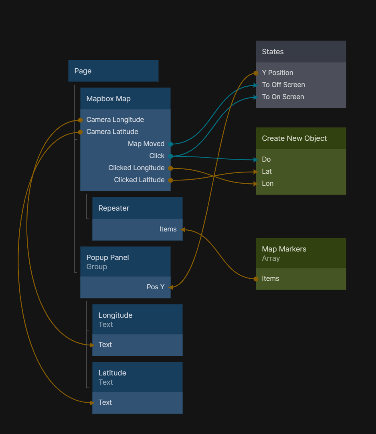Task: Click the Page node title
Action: coord(83,71)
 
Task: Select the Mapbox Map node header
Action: coord(109,99)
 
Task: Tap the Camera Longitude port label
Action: coord(115,120)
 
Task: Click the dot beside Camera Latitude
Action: coord(80,132)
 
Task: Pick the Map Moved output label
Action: coord(146,144)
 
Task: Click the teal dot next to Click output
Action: coord(171,156)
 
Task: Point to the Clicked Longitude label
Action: coord(136,168)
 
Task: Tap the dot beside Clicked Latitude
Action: coord(171,180)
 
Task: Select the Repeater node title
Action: coord(114,208)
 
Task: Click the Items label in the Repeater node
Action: coord(168,229)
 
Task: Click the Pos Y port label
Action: coord(156,287)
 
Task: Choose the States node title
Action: coord(273,52)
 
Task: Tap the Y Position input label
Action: coord(277,73)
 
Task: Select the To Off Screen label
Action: coord(283,85)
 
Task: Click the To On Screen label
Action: coord(283,97)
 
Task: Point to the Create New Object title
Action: coord(294,138)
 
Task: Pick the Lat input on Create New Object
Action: coord(267,171)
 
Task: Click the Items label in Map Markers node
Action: coord(271,278)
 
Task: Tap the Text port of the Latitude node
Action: coord(105,402)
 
